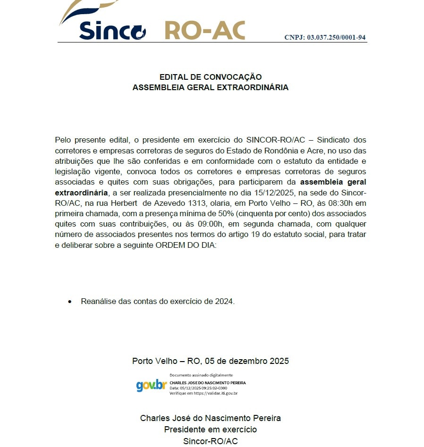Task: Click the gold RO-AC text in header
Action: (204, 30)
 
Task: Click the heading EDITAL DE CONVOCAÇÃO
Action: (211, 77)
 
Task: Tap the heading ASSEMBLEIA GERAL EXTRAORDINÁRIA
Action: (211, 87)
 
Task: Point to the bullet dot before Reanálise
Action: (70, 301)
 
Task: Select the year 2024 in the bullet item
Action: (224, 301)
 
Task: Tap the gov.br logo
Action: (151, 385)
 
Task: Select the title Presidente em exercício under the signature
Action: (211, 430)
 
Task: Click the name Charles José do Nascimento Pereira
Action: (211, 418)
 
